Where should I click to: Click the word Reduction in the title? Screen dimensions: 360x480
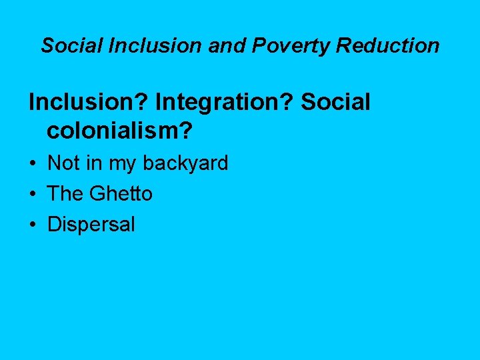[388, 45]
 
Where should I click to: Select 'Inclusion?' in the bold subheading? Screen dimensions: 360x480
[89, 102]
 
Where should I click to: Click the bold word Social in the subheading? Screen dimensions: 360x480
[335, 102]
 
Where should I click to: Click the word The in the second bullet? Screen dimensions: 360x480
[65, 194]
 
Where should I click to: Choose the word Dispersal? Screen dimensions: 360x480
[91, 225]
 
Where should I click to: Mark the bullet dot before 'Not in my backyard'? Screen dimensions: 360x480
[32, 163]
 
